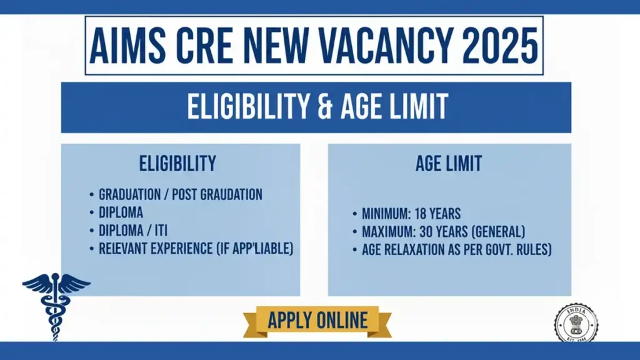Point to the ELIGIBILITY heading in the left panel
point(177,164)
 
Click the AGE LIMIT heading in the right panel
point(449,164)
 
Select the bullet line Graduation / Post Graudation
point(180,194)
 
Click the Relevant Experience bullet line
point(196,248)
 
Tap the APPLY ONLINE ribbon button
point(317,321)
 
